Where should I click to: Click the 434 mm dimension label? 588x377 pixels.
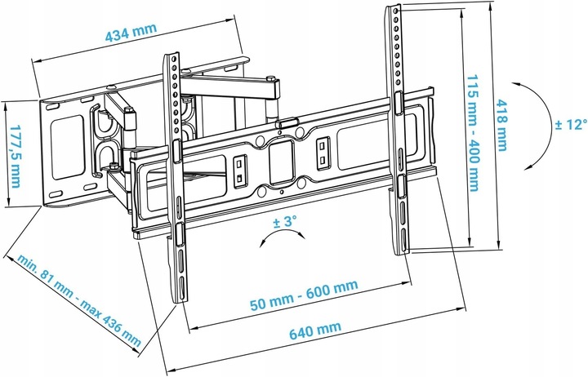pyautogui.click(x=131, y=32)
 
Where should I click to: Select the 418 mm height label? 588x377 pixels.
pyautogui.click(x=502, y=125)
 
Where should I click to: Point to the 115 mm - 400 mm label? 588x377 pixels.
pyautogui.click(x=472, y=133)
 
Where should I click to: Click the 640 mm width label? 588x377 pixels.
pyautogui.click(x=315, y=330)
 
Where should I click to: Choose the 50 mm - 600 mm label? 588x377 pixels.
pyautogui.click(x=304, y=295)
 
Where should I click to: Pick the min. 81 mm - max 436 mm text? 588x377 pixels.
pyautogui.click(x=79, y=300)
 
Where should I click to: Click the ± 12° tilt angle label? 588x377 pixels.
pyautogui.click(x=571, y=124)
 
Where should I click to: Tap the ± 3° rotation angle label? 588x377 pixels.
pyautogui.click(x=284, y=221)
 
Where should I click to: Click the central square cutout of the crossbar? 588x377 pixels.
pyautogui.click(x=281, y=162)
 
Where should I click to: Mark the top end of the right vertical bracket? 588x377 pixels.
pyautogui.click(x=394, y=6)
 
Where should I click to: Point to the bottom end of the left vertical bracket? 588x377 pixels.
pyautogui.click(x=180, y=301)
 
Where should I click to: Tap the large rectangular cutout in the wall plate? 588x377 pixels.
pyautogui.click(x=68, y=147)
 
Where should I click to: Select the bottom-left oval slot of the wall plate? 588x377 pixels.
pyautogui.click(x=56, y=194)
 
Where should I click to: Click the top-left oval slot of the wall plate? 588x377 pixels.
pyautogui.click(x=52, y=107)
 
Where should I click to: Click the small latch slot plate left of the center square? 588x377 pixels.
pyautogui.click(x=238, y=171)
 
